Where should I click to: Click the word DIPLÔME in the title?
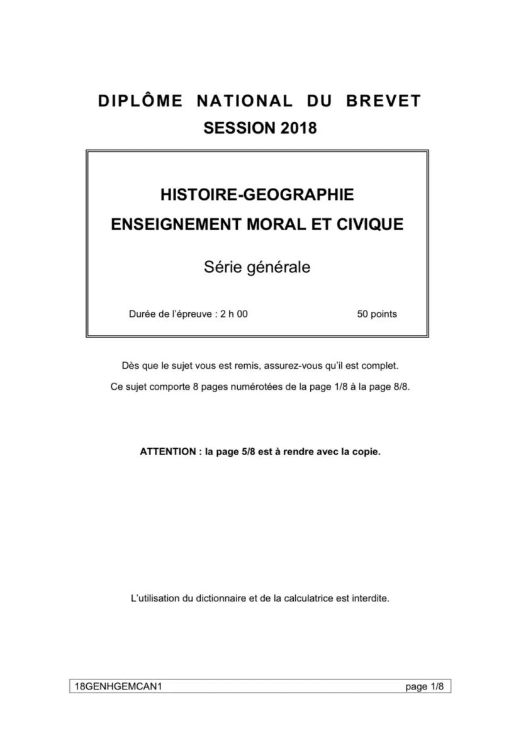tap(140, 101)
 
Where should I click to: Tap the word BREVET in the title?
tap(383, 101)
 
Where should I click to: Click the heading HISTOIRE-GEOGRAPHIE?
tap(257, 195)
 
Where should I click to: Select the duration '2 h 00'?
tap(234, 314)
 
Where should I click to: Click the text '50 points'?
tap(377, 314)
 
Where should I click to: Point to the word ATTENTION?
tap(167, 451)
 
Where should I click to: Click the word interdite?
tap(371, 598)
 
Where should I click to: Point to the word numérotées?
tap(257, 387)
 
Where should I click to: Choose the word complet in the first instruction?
tap(381, 365)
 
